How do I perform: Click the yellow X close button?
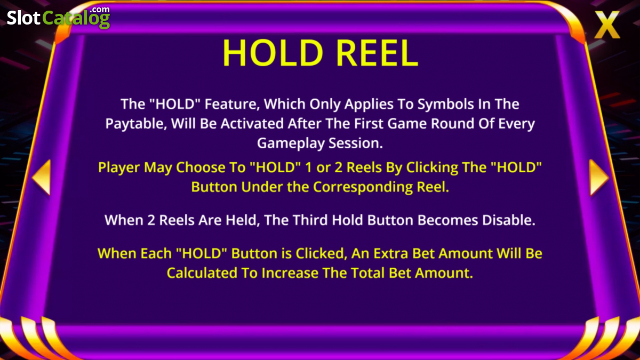[607, 25]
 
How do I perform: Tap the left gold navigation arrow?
[42, 178]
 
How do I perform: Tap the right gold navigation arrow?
[599, 178]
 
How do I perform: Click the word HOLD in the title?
[273, 53]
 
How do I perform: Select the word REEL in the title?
[378, 53]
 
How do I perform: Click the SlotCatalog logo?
[58, 18]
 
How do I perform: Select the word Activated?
[252, 124]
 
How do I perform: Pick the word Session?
[355, 143]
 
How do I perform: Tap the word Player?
[119, 167]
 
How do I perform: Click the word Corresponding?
[363, 188]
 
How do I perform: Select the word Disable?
[509, 220]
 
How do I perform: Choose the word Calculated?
[202, 273]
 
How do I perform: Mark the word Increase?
[290, 273]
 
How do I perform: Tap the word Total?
[367, 273]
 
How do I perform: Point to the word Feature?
[232, 105]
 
